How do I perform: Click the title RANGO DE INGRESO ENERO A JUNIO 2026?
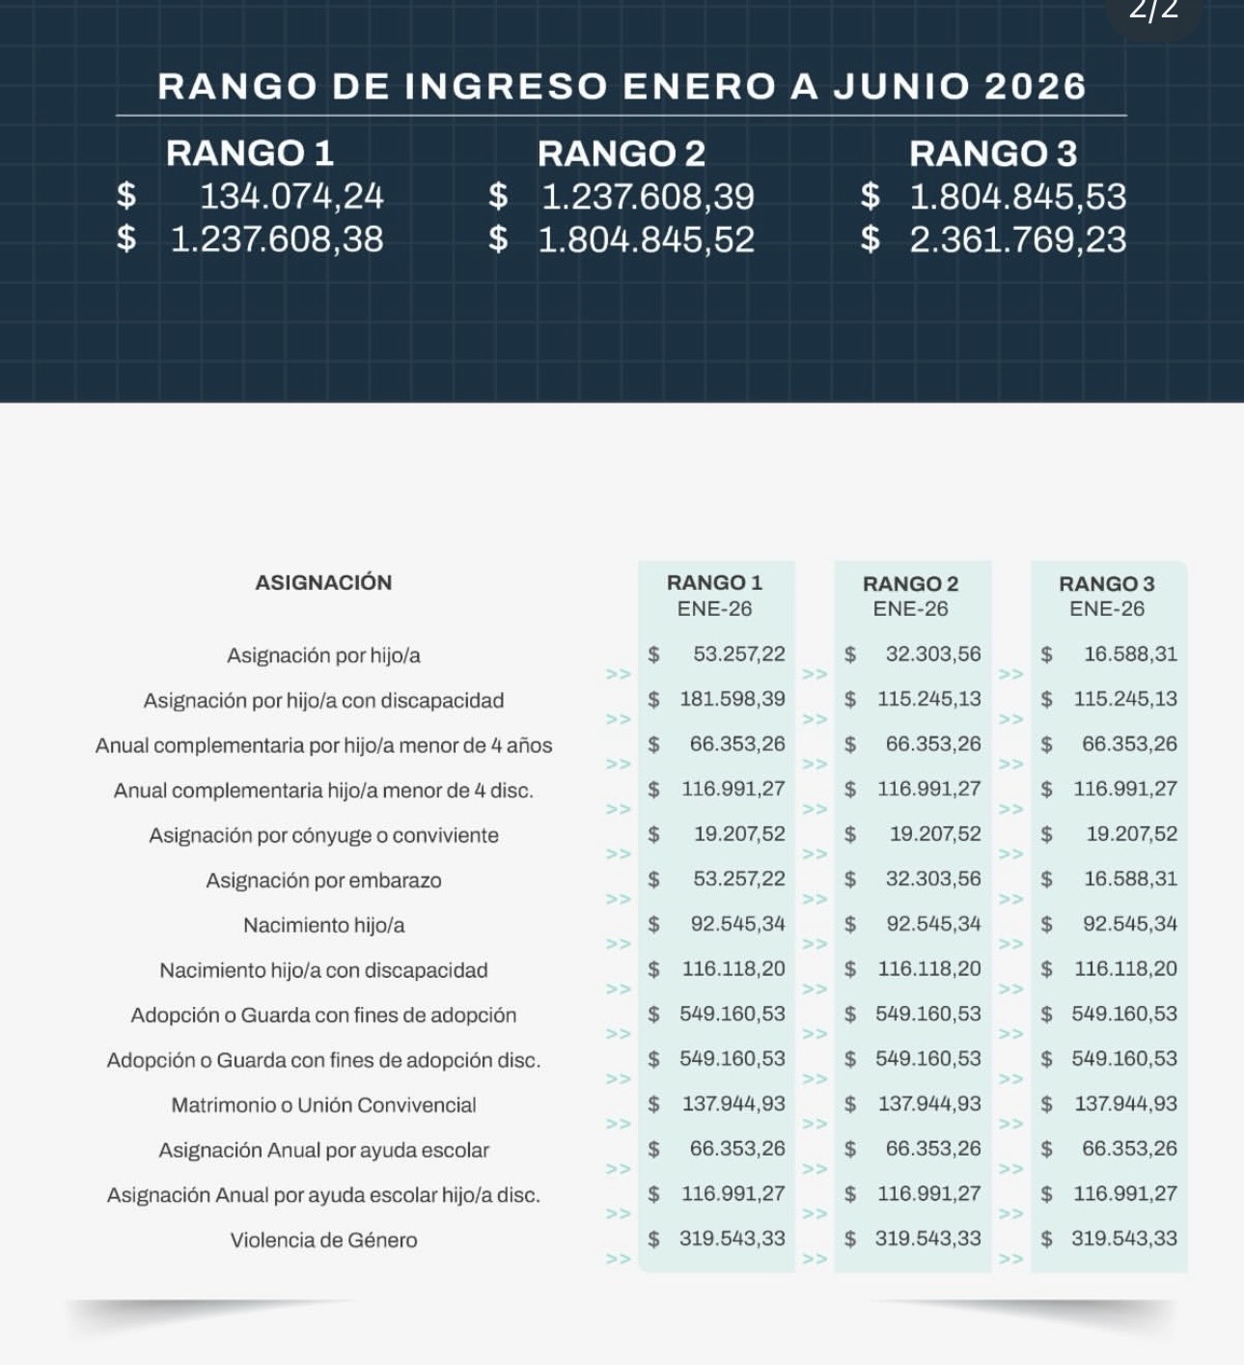(622, 87)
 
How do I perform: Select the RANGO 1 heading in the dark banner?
(249, 153)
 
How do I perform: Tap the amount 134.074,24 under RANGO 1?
(290, 197)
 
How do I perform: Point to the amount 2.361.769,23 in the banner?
(1017, 240)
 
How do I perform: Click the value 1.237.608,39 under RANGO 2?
(648, 197)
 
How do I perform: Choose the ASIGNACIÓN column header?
(323, 583)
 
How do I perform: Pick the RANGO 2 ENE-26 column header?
(910, 596)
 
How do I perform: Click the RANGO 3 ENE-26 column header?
(1106, 596)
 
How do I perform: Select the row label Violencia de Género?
(323, 1240)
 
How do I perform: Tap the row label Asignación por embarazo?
(323, 880)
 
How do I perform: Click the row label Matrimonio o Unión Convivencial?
(323, 1105)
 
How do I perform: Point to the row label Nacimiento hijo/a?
(323, 926)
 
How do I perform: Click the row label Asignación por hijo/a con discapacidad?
(323, 701)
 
